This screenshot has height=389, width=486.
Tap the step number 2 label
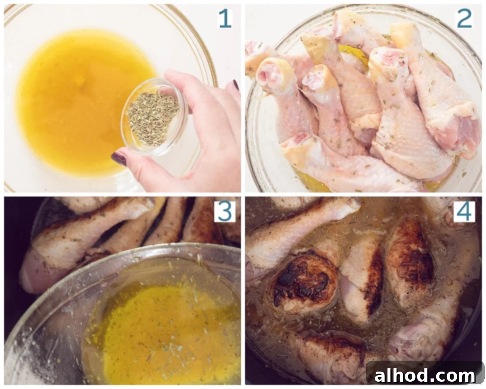[x=464, y=18]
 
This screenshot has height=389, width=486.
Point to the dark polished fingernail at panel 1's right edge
[x=236, y=85]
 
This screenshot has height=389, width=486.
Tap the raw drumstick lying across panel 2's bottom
[x=344, y=166]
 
